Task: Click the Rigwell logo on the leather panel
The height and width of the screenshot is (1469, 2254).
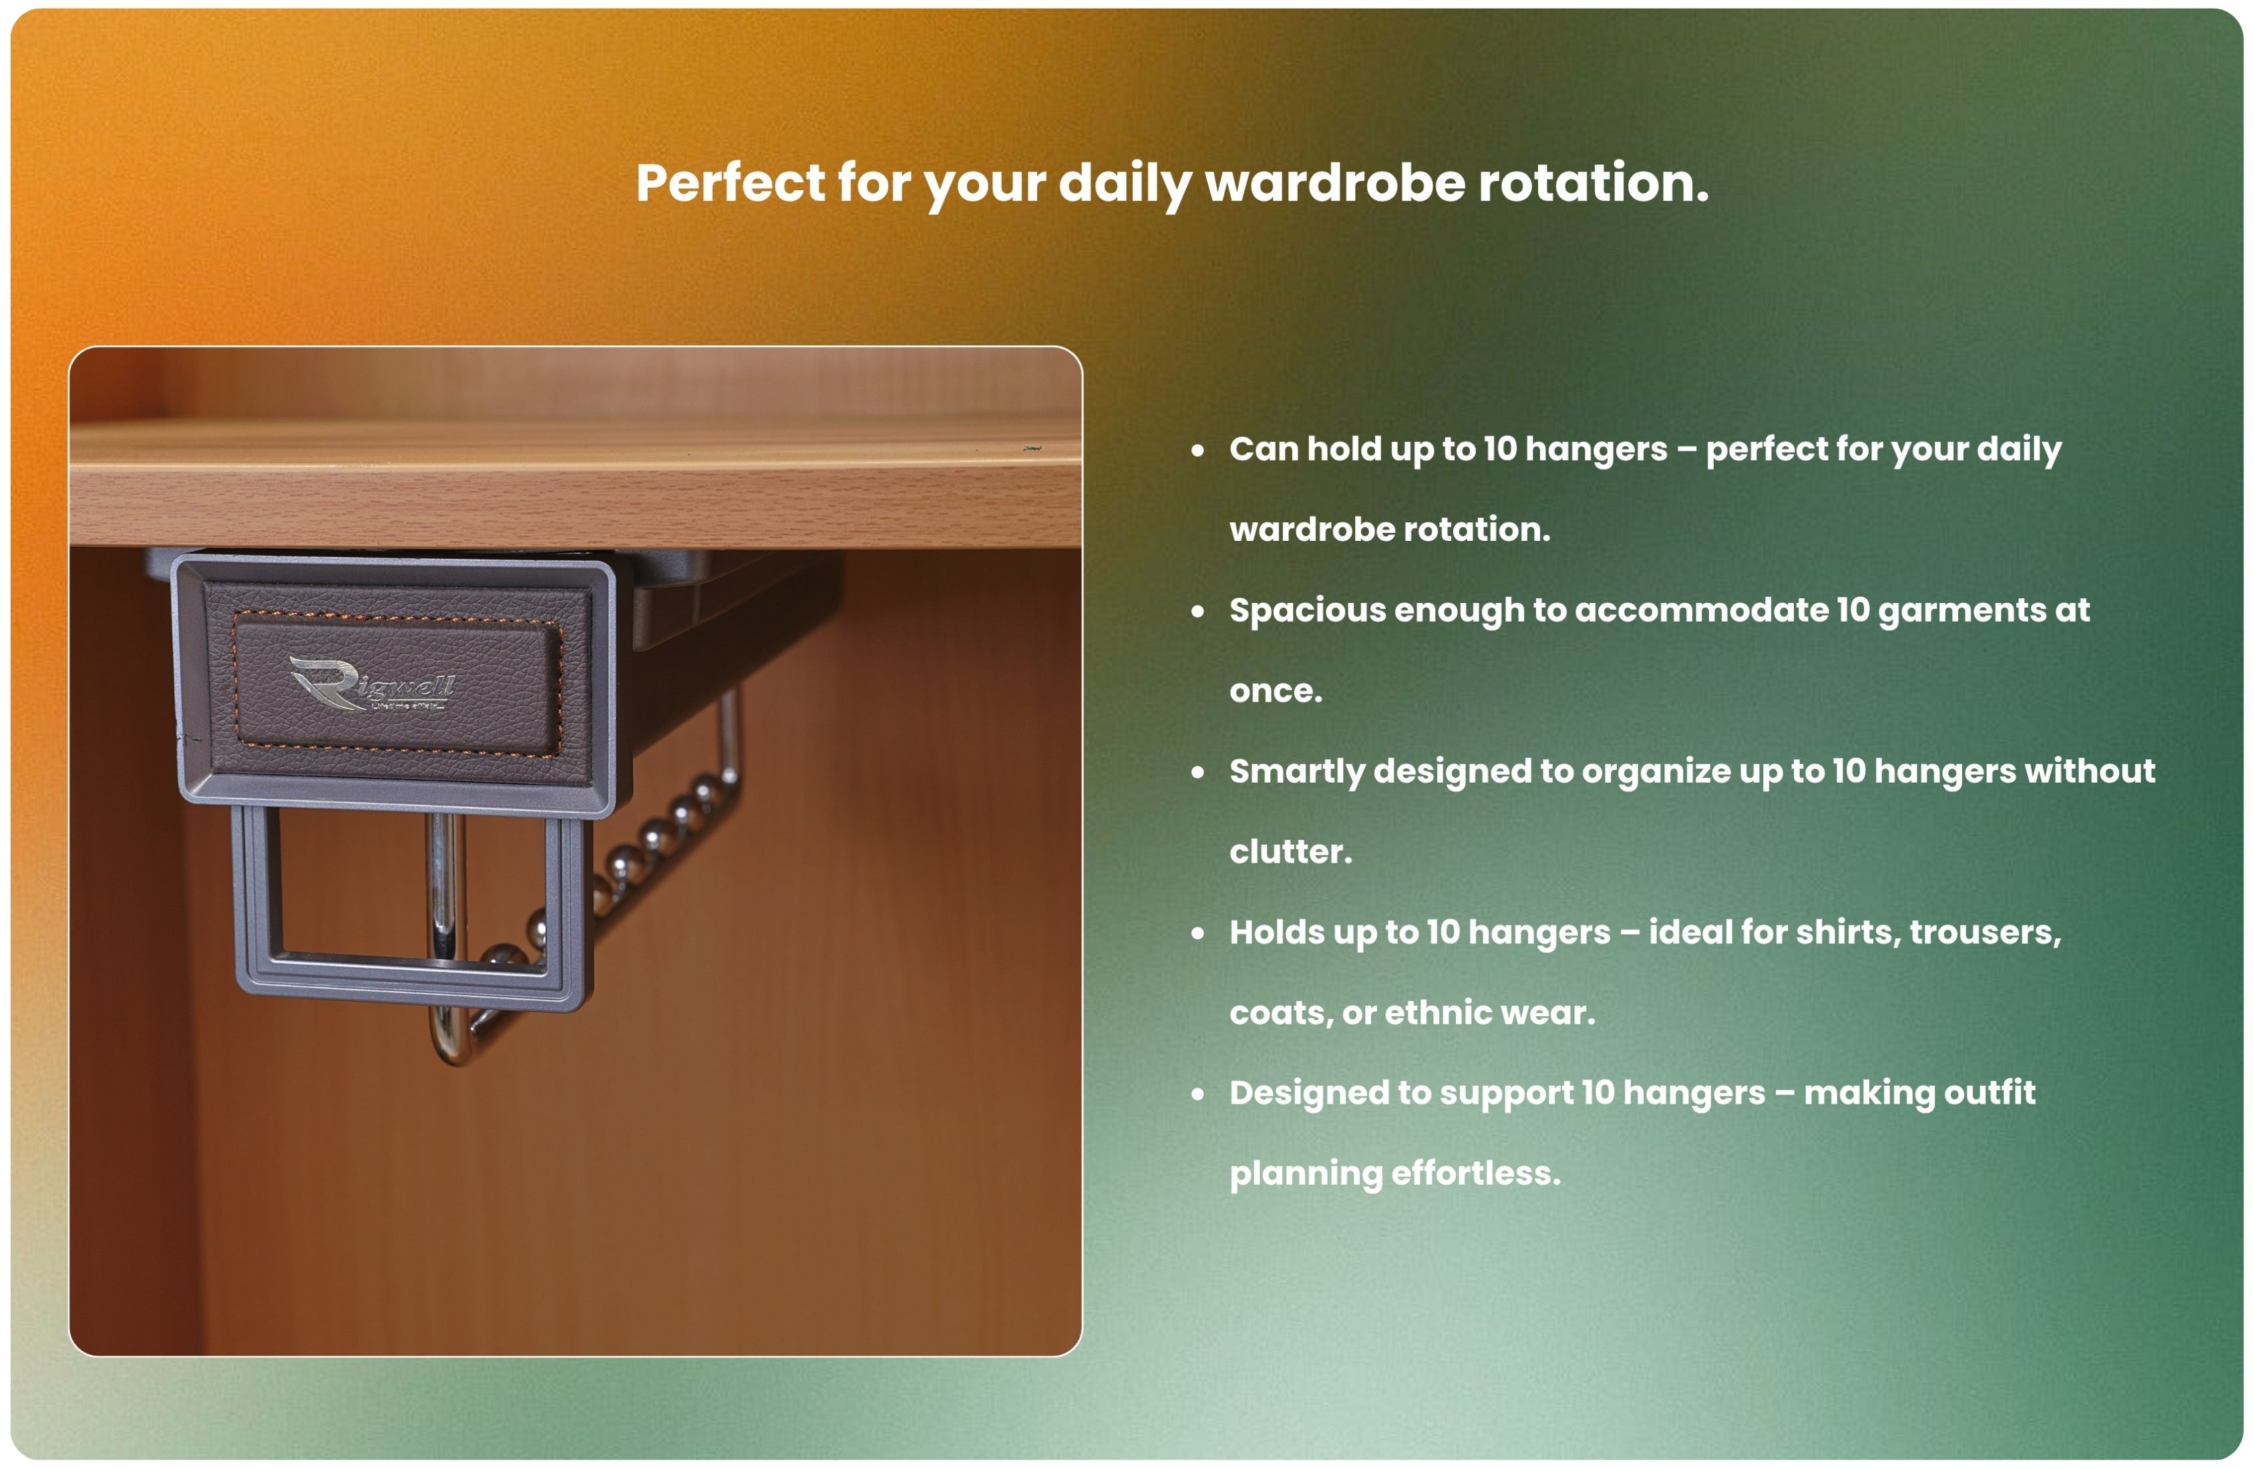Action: [x=371, y=682]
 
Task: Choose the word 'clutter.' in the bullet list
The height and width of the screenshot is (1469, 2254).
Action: [x=1290, y=851]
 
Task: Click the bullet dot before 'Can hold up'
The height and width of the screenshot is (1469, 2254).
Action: [x=1198, y=450]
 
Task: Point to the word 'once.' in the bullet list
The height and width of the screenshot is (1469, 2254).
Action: [x=1275, y=690]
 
